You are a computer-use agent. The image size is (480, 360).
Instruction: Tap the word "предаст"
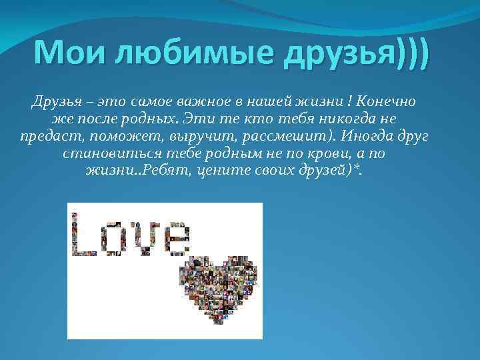coord(49,137)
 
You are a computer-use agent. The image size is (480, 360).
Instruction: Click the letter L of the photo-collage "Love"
coord(83,233)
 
